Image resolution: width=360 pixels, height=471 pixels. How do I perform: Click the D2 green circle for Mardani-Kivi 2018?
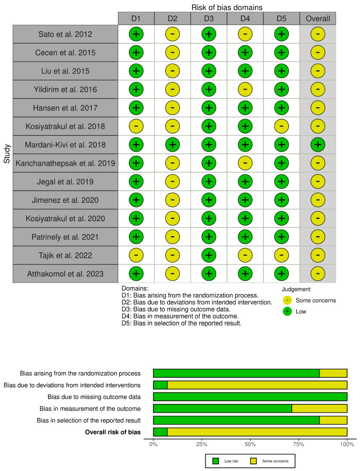(x=172, y=144)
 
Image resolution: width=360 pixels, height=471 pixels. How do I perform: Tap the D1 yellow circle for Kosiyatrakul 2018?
(x=136, y=126)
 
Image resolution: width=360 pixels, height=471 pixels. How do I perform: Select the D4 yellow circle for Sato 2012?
(x=245, y=34)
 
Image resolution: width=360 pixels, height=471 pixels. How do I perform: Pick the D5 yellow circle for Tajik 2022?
(x=281, y=255)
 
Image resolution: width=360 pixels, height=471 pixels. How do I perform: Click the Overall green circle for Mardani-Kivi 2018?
(x=318, y=144)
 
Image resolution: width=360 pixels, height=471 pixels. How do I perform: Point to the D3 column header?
(x=208, y=18)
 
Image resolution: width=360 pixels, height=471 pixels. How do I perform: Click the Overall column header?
(x=318, y=18)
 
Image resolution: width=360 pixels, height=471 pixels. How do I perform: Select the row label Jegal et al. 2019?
(x=65, y=182)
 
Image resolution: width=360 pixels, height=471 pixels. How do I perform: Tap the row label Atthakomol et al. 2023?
(x=65, y=273)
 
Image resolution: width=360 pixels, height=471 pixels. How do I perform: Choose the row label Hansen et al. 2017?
(x=65, y=108)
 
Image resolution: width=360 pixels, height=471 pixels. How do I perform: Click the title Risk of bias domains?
(x=226, y=7)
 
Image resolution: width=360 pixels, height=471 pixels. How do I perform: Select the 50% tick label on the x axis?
(x=250, y=444)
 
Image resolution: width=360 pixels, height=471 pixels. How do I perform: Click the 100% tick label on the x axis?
(x=347, y=444)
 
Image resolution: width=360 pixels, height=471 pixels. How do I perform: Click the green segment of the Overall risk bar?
(x=160, y=432)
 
